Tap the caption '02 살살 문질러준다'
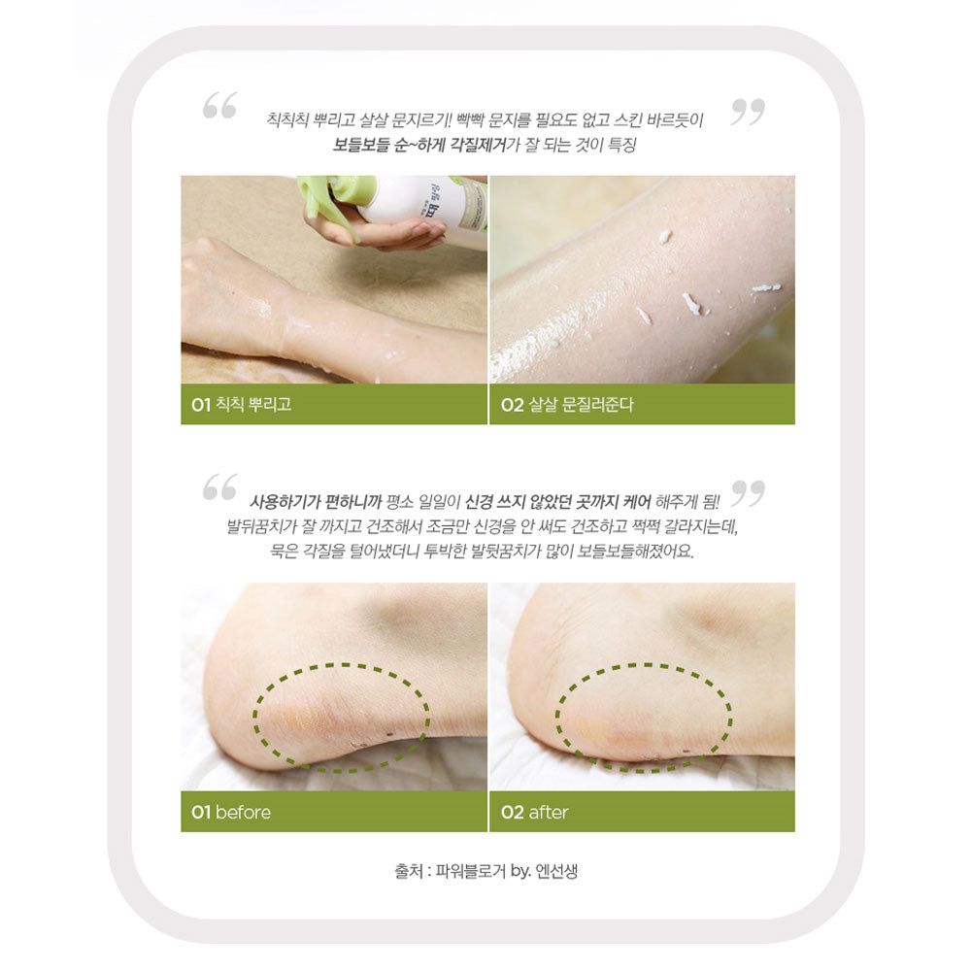567,405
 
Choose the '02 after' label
535,812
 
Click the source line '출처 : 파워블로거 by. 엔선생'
486,871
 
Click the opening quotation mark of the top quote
219,107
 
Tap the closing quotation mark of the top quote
748,112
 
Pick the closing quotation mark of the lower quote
748,492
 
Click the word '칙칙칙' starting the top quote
287,120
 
